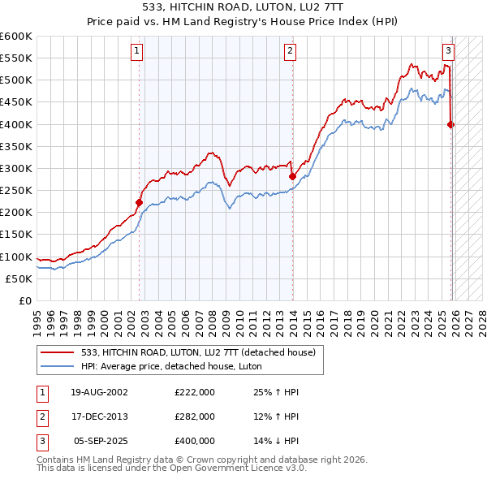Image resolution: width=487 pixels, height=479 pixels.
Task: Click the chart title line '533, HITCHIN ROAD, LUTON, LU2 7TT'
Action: click(243, 6)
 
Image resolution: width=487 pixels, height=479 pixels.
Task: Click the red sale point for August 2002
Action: click(139, 203)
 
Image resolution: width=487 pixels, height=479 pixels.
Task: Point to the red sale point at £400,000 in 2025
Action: click(450, 124)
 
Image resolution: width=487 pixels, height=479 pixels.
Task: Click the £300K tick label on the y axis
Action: click(15, 168)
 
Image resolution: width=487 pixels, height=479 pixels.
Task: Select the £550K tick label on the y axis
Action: click(15, 58)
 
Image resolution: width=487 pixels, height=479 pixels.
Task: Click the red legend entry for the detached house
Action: click(203, 352)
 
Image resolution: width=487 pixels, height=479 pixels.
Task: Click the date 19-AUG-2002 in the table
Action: click(100, 392)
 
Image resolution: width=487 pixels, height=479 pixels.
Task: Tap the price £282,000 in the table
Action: click(195, 416)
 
